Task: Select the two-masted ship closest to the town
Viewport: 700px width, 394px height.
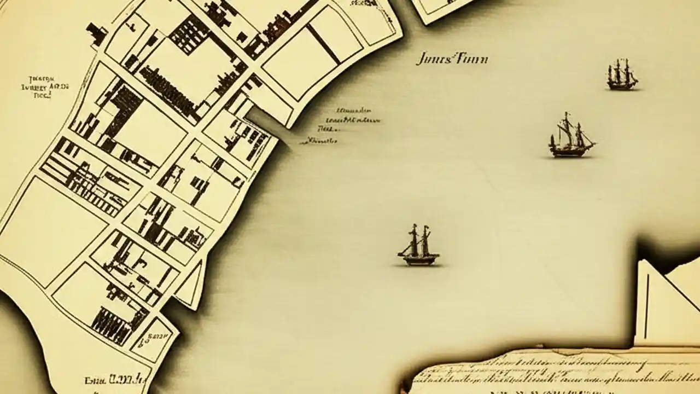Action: (418, 245)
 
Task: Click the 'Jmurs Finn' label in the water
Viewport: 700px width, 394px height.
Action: (451, 59)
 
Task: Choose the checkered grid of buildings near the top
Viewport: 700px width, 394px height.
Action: (189, 34)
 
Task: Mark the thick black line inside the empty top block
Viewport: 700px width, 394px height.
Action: (323, 44)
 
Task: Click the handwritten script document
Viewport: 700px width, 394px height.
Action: (552, 372)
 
